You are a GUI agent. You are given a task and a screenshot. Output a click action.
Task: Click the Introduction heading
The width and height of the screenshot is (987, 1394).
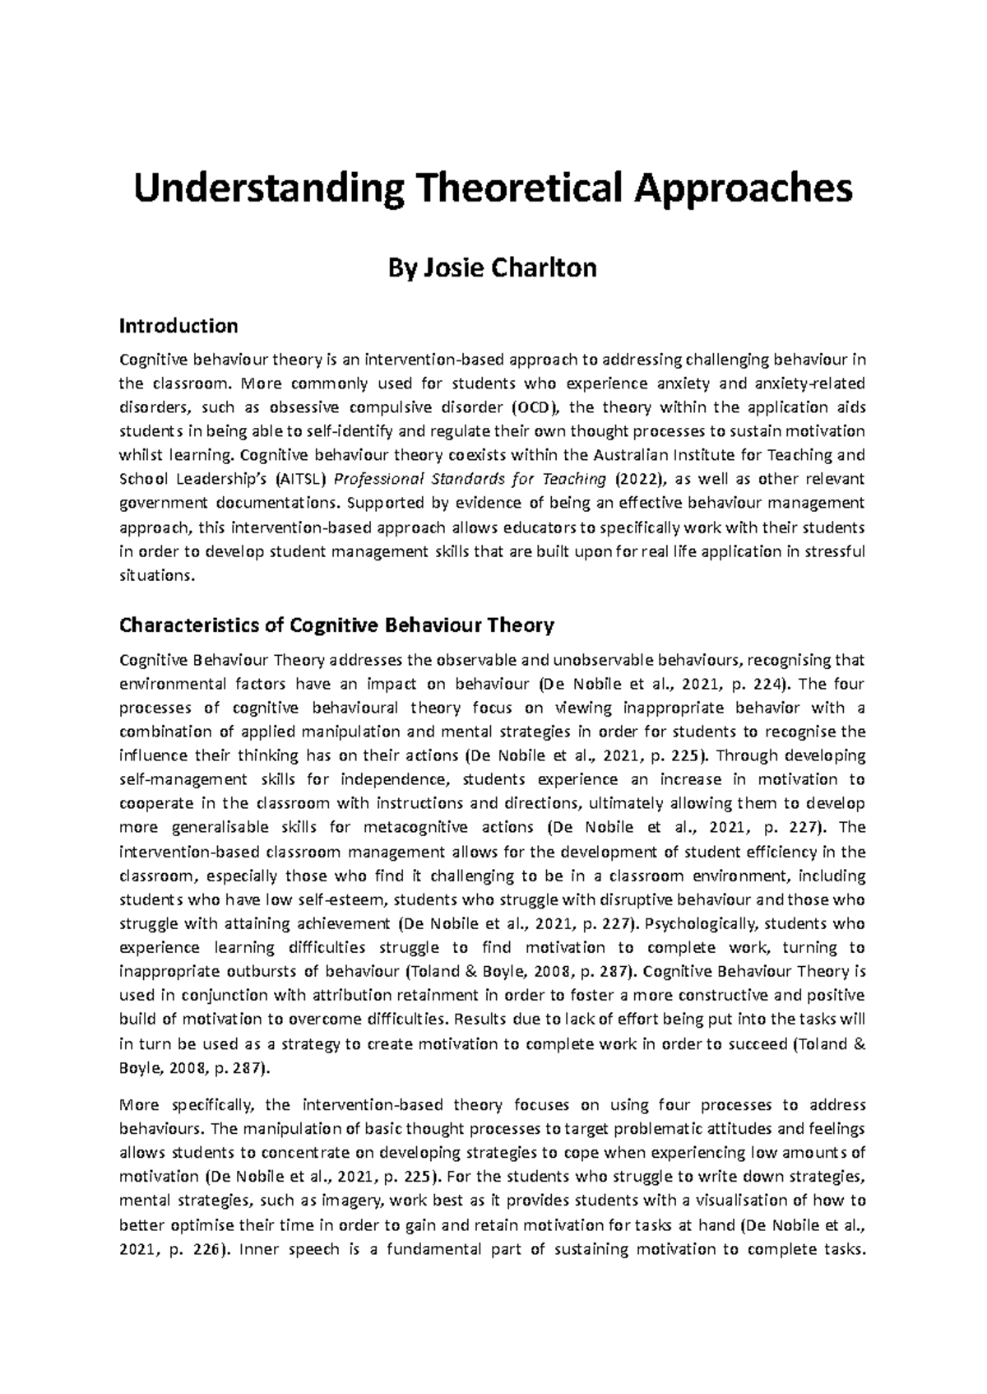click(178, 326)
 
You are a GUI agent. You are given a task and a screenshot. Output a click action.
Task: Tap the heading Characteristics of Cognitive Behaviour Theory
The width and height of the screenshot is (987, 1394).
click(337, 625)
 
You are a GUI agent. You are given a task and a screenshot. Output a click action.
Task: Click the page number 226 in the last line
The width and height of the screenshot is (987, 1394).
click(204, 1248)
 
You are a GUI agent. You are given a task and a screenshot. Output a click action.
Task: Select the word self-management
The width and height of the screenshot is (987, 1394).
click(183, 779)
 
